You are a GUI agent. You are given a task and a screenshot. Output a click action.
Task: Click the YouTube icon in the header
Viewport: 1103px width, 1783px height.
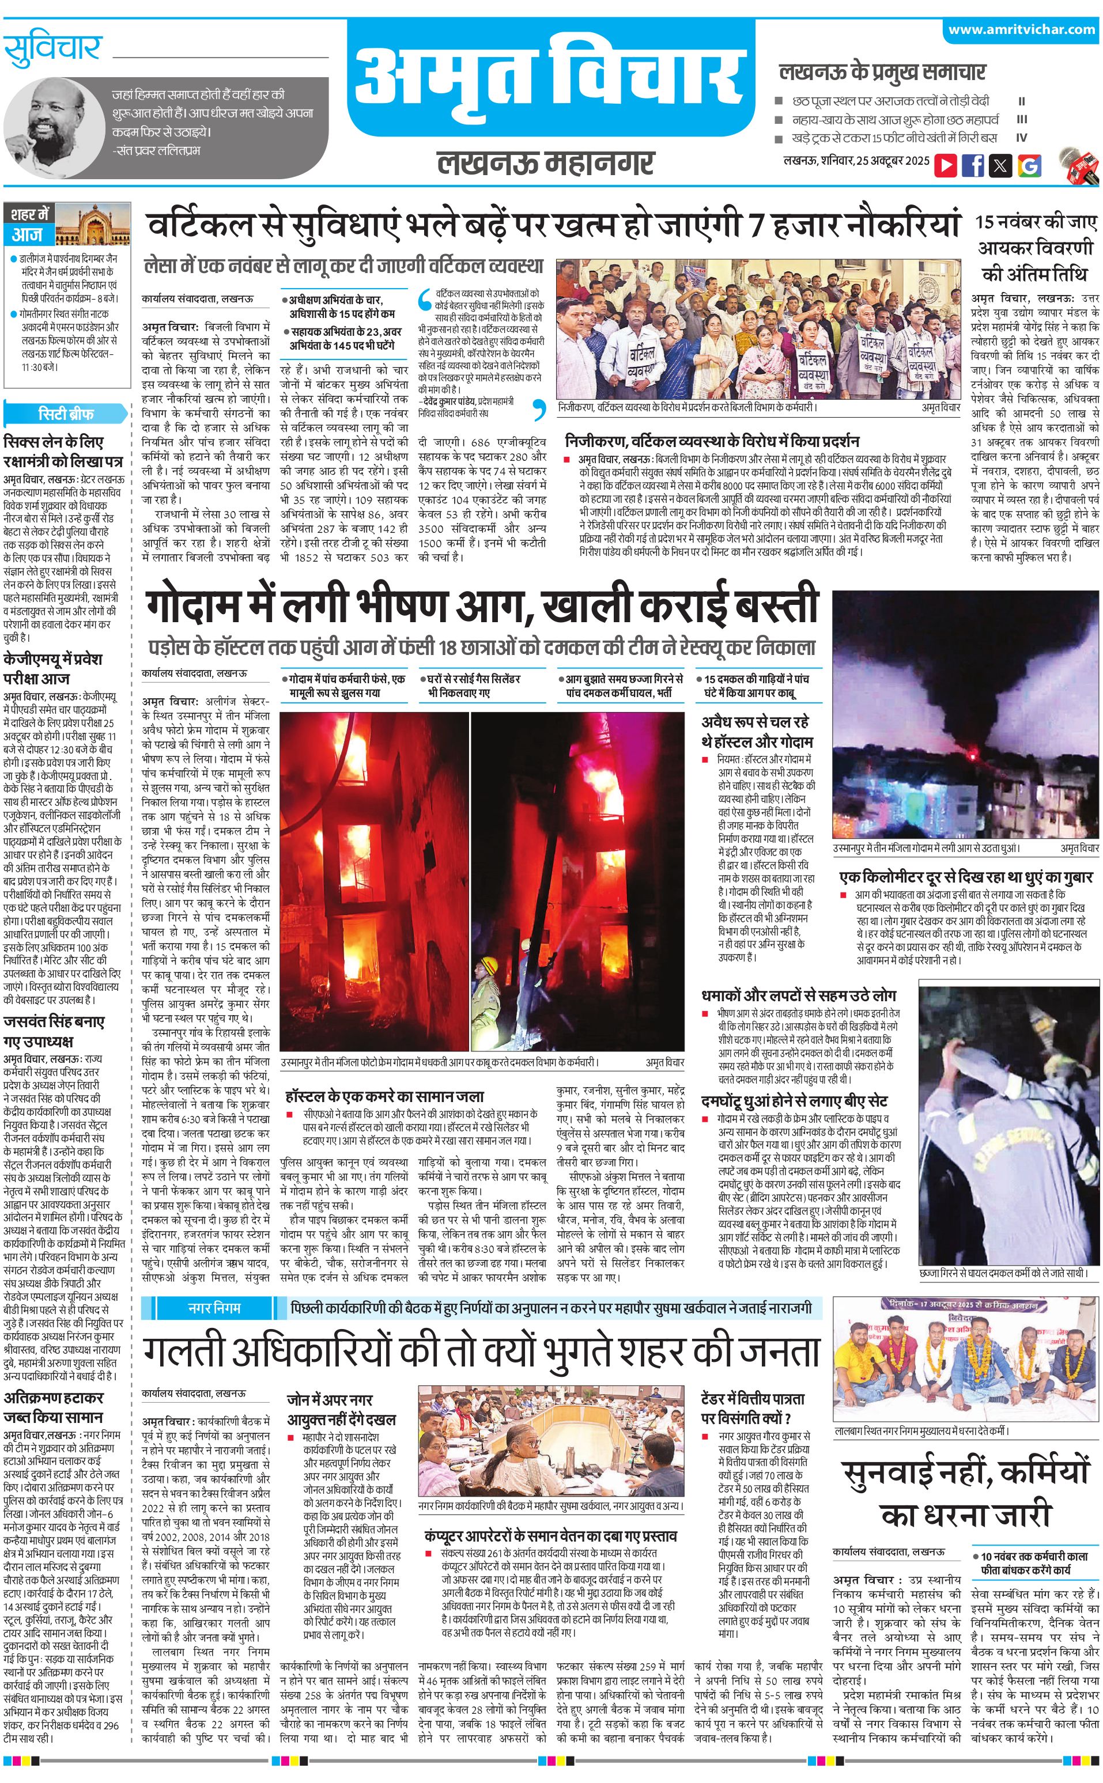click(946, 165)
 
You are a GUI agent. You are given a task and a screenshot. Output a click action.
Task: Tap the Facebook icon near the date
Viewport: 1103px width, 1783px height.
click(973, 165)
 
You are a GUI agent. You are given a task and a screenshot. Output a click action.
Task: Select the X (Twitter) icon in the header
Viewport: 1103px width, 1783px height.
click(1001, 165)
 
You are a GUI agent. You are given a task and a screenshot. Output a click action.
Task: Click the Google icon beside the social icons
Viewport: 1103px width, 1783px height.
click(1029, 165)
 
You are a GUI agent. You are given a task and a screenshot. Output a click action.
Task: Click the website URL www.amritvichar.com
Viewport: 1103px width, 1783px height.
click(1021, 30)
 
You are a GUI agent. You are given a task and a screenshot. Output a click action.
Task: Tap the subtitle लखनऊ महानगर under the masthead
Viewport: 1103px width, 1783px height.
click(546, 162)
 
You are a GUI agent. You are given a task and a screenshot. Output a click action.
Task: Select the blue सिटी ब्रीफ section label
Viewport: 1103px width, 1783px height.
click(66, 414)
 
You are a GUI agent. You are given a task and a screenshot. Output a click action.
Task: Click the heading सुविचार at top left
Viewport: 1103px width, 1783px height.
click(52, 49)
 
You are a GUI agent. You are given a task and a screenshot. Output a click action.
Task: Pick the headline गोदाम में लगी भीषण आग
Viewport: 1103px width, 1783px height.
click(481, 607)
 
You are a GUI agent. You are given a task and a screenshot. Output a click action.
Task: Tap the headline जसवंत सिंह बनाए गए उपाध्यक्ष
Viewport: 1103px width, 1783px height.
click(55, 1031)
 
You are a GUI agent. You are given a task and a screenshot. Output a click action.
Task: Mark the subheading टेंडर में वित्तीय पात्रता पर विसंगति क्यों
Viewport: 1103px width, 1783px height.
click(753, 1408)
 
